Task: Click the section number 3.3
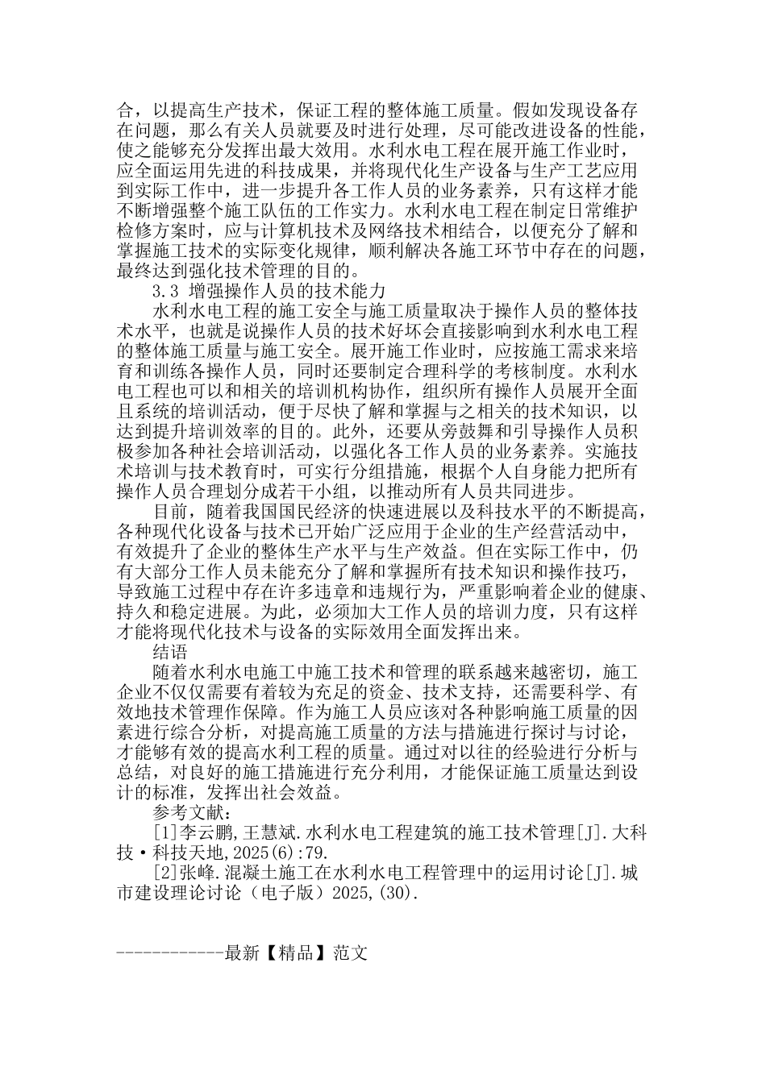(164, 290)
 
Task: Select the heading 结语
(170, 651)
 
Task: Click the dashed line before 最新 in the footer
(170, 953)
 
